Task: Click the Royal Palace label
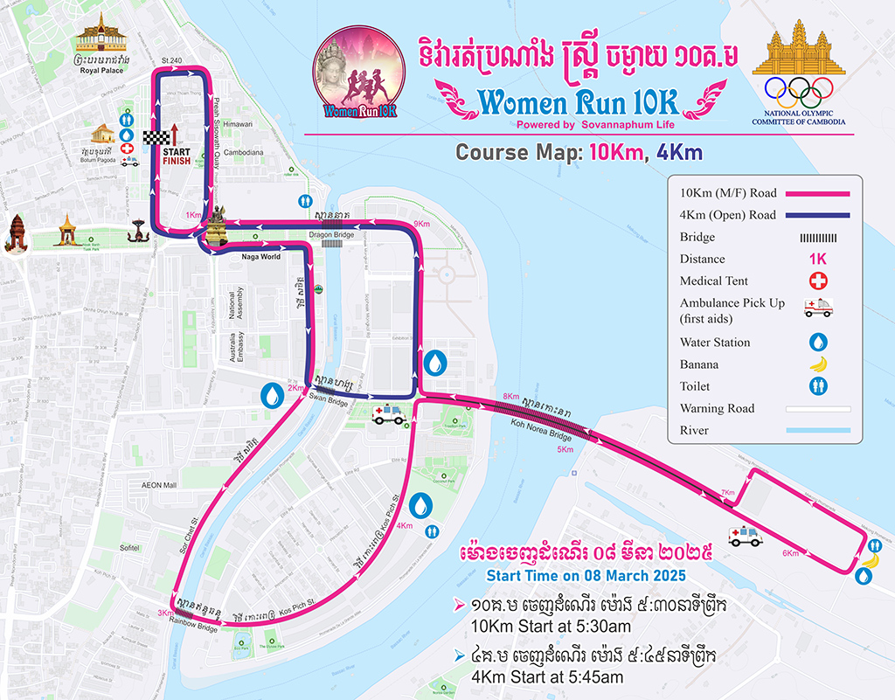(x=101, y=70)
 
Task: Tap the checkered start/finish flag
(x=154, y=136)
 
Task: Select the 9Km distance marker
(x=422, y=225)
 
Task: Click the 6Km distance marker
(x=790, y=553)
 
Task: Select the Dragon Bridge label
(x=330, y=233)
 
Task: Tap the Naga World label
(x=261, y=257)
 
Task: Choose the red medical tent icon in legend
(x=818, y=281)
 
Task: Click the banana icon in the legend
(x=820, y=364)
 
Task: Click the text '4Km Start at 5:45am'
(x=546, y=677)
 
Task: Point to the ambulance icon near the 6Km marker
(x=745, y=537)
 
